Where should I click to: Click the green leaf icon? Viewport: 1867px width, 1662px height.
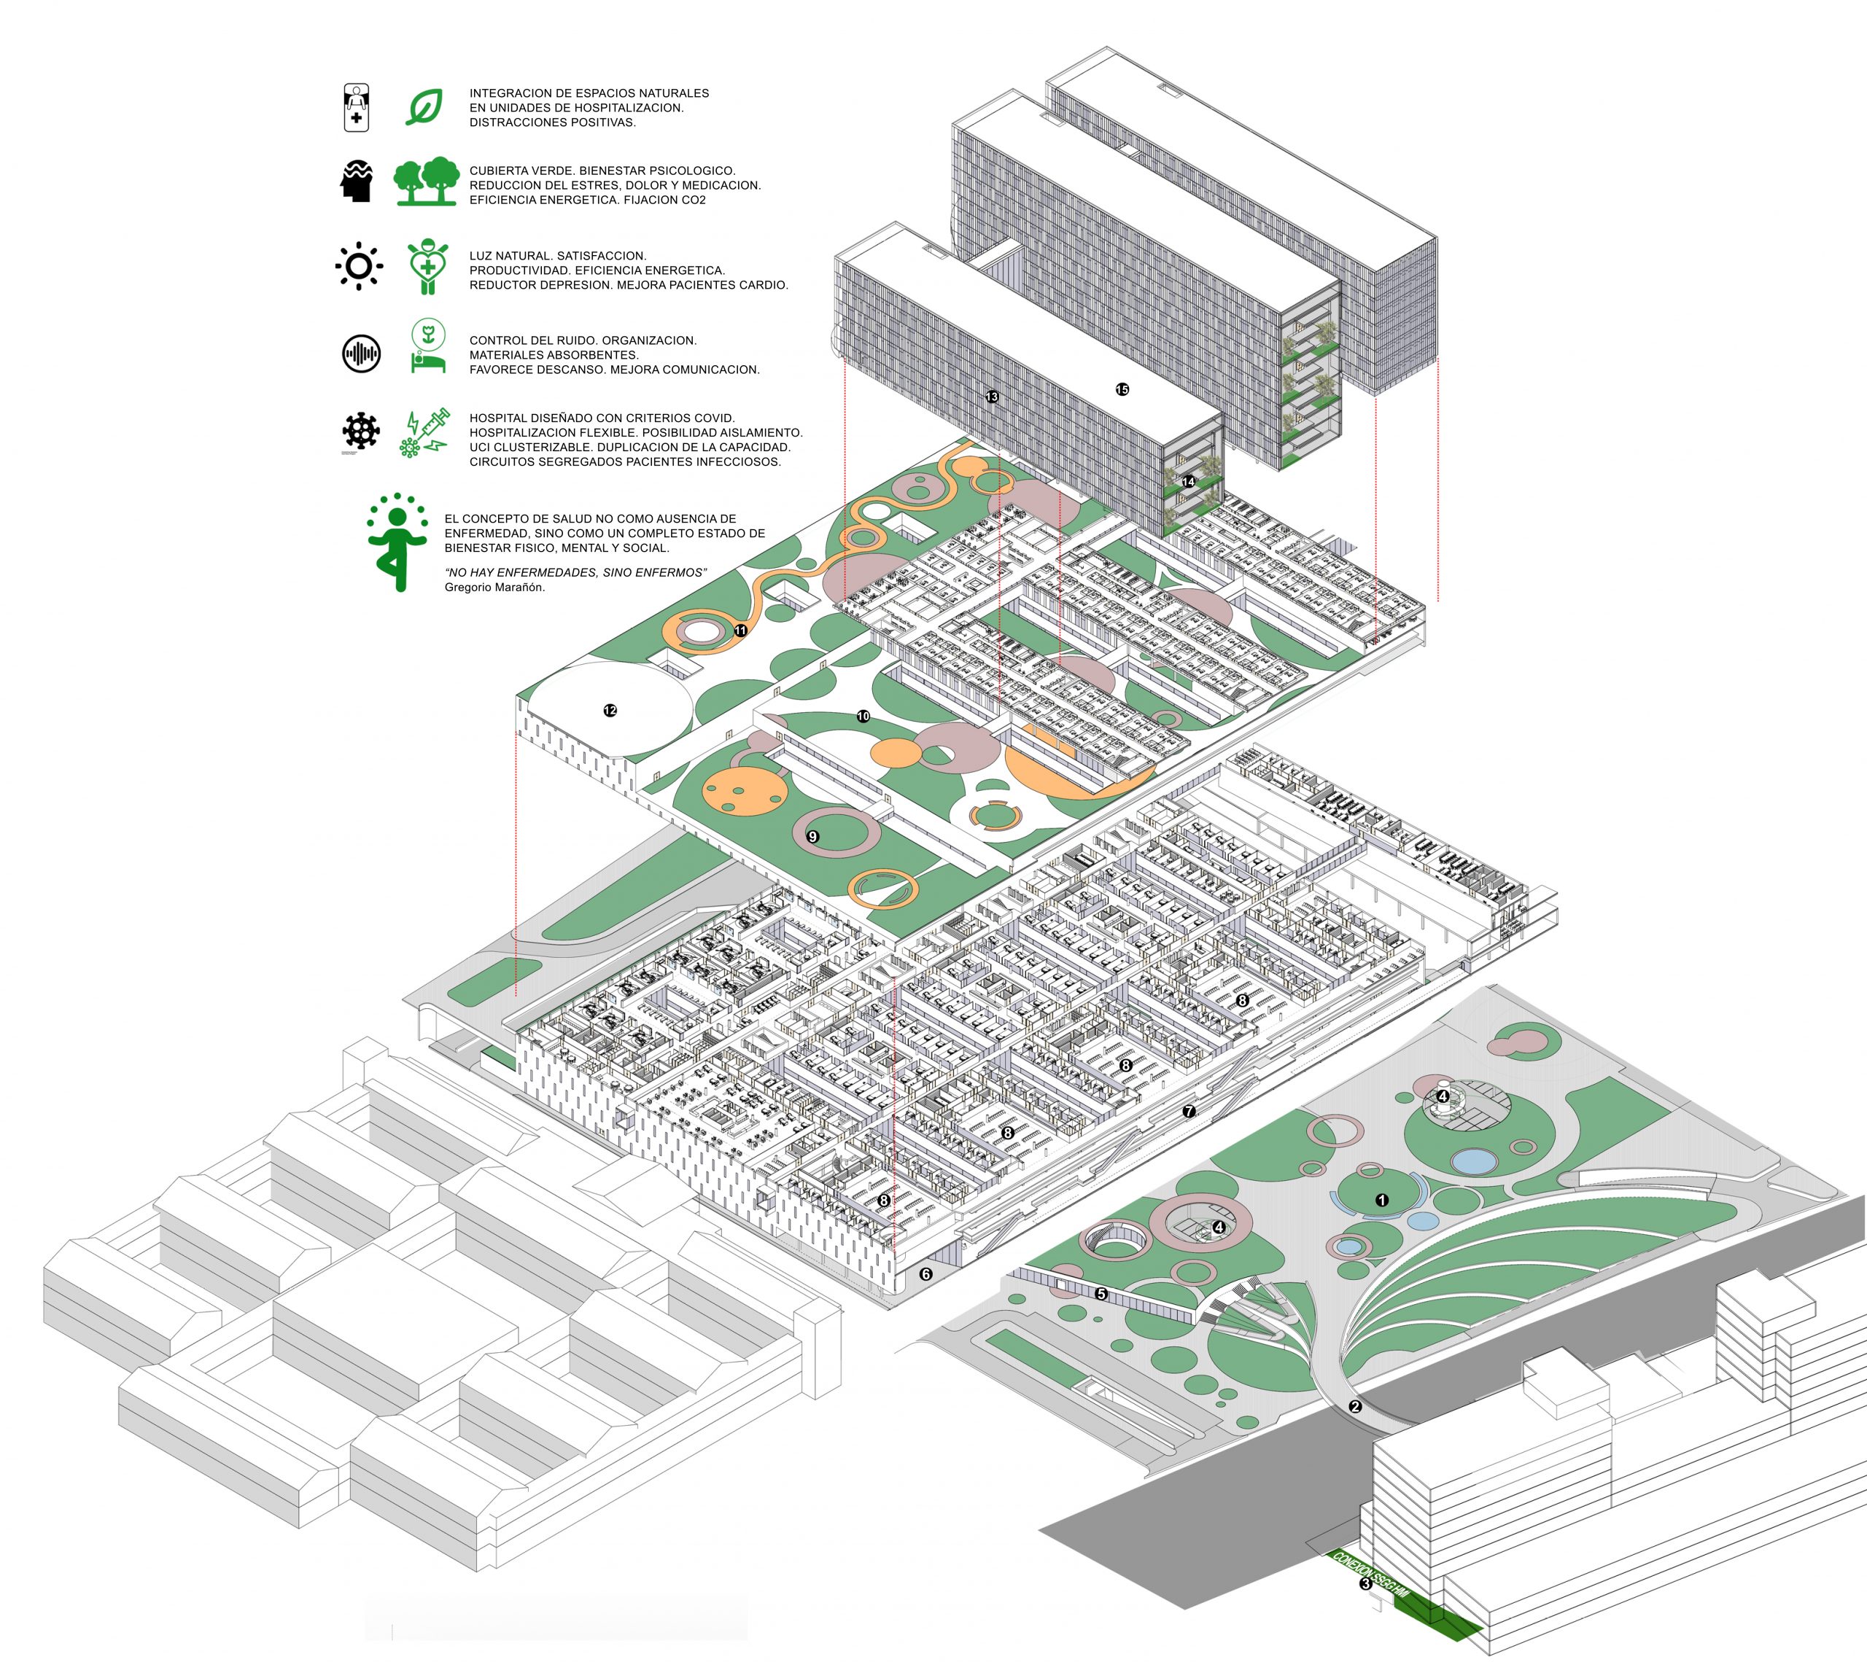424,108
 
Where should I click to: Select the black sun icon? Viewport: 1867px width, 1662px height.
359,267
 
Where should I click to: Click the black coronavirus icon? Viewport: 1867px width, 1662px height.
362,430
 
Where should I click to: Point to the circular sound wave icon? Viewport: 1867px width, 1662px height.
362,354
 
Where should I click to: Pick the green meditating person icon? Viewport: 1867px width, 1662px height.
397,542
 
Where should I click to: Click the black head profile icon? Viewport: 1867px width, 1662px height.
357,181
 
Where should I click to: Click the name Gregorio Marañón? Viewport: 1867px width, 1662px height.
494,588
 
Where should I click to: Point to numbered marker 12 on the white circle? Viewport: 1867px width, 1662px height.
610,711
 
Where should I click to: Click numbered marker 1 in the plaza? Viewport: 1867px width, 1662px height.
1382,1200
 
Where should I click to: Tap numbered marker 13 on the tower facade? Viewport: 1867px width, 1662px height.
992,397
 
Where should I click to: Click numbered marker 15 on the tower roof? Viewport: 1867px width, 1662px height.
1122,390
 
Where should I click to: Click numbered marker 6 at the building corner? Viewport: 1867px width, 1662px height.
925,1274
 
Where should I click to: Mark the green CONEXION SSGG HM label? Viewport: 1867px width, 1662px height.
1371,1572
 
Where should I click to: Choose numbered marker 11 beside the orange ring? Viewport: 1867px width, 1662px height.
741,630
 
